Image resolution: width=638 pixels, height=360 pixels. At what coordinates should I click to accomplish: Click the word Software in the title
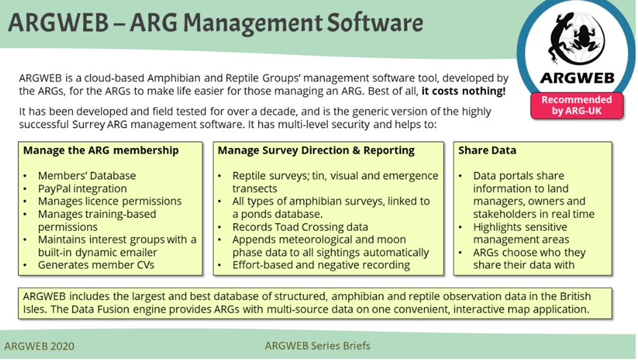(374, 22)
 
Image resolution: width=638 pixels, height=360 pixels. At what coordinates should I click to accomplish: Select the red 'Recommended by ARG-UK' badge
(577, 105)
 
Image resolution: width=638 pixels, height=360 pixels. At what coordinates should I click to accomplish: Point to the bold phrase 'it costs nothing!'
(464, 91)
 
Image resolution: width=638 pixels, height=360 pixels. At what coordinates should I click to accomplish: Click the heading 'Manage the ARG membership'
(101, 151)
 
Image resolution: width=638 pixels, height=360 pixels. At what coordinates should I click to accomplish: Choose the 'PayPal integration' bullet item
(82, 189)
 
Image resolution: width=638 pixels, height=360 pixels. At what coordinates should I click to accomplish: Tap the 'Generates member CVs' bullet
(96, 266)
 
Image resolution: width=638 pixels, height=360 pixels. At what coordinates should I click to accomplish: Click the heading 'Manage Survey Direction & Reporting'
(316, 151)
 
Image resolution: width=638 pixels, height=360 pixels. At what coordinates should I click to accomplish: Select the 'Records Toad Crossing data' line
(300, 227)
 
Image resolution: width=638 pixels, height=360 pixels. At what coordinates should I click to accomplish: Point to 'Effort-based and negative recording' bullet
(321, 266)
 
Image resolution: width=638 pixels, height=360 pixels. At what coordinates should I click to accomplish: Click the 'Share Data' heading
(487, 151)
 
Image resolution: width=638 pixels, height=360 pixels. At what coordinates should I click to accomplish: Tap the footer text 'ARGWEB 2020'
(40, 346)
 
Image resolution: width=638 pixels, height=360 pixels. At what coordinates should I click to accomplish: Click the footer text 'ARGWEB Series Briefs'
(318, 345)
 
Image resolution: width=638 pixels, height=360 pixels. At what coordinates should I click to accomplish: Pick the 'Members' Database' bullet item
(87, 176)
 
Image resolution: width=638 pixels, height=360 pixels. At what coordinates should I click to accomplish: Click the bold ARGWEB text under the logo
(577, 78)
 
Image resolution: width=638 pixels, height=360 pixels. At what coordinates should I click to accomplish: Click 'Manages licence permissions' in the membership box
(110, 201)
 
